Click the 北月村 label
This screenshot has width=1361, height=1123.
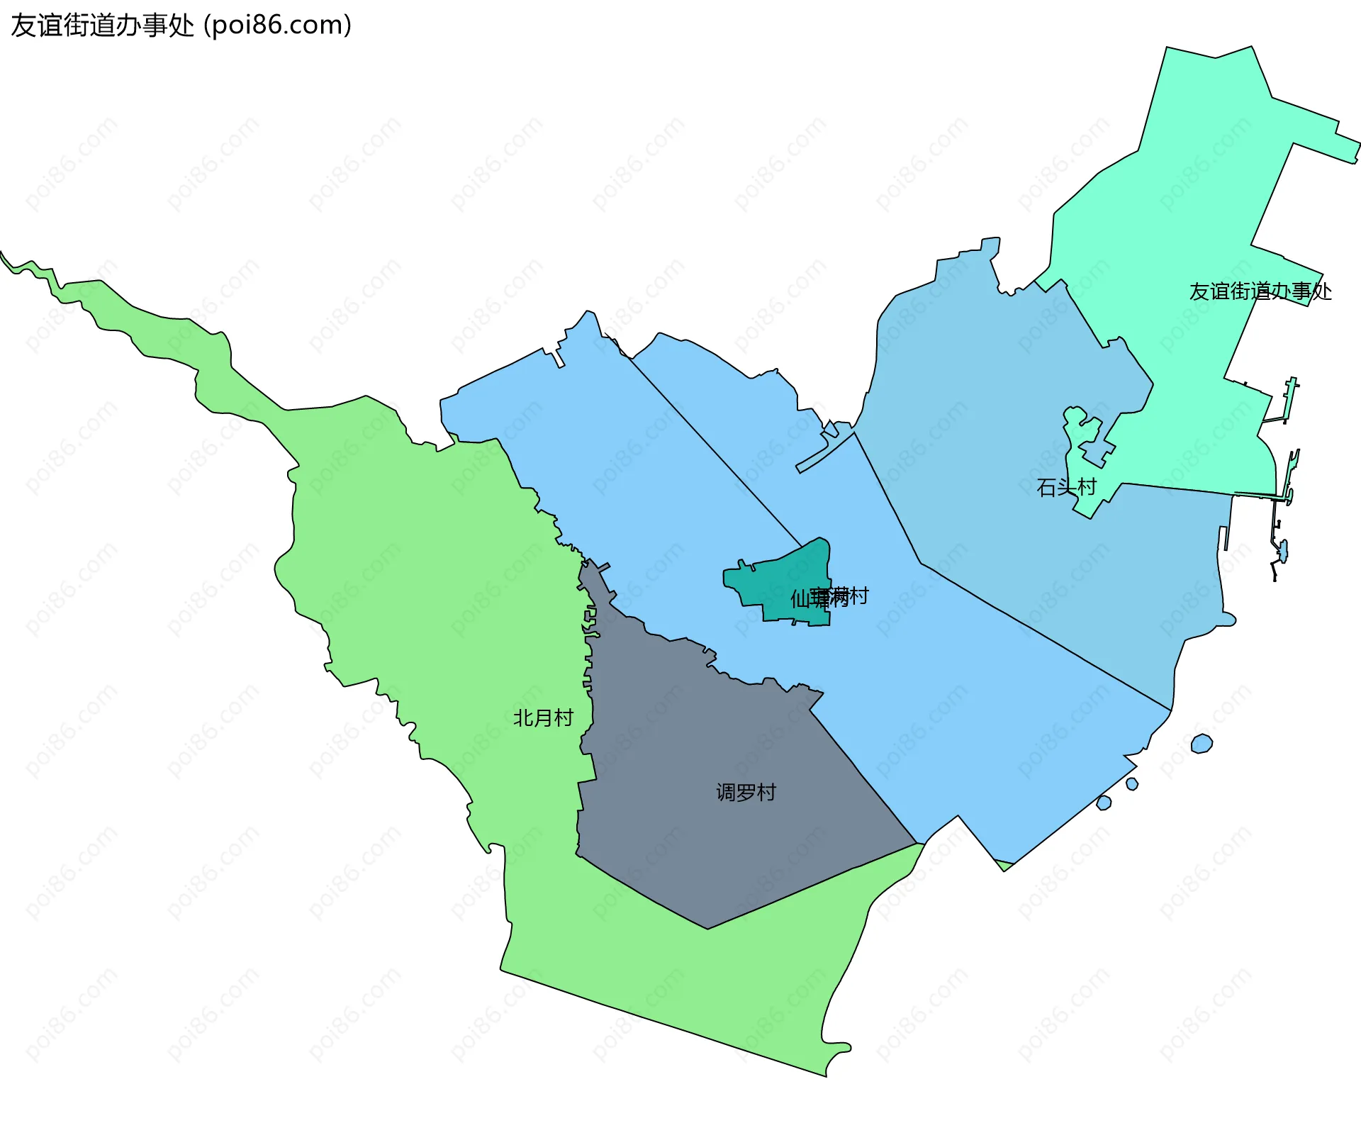point(543,718)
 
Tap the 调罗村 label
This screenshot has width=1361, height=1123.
point(746,792)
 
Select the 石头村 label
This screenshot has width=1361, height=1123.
point(1066,487)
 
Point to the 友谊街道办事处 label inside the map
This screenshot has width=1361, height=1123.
point(1260,291)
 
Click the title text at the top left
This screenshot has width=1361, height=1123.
point(181,25)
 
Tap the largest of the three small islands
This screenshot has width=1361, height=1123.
point(1202,744)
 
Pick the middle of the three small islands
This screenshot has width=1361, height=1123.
point(1132,783)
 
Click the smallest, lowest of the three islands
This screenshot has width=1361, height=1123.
point(1104,803)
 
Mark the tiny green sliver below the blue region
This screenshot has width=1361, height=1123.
point(1004,864)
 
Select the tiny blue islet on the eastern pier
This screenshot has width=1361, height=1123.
point(1282,550)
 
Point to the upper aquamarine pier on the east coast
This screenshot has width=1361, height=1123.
point(1289,397)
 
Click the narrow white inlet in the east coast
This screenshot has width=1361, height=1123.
point(1223,539)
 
